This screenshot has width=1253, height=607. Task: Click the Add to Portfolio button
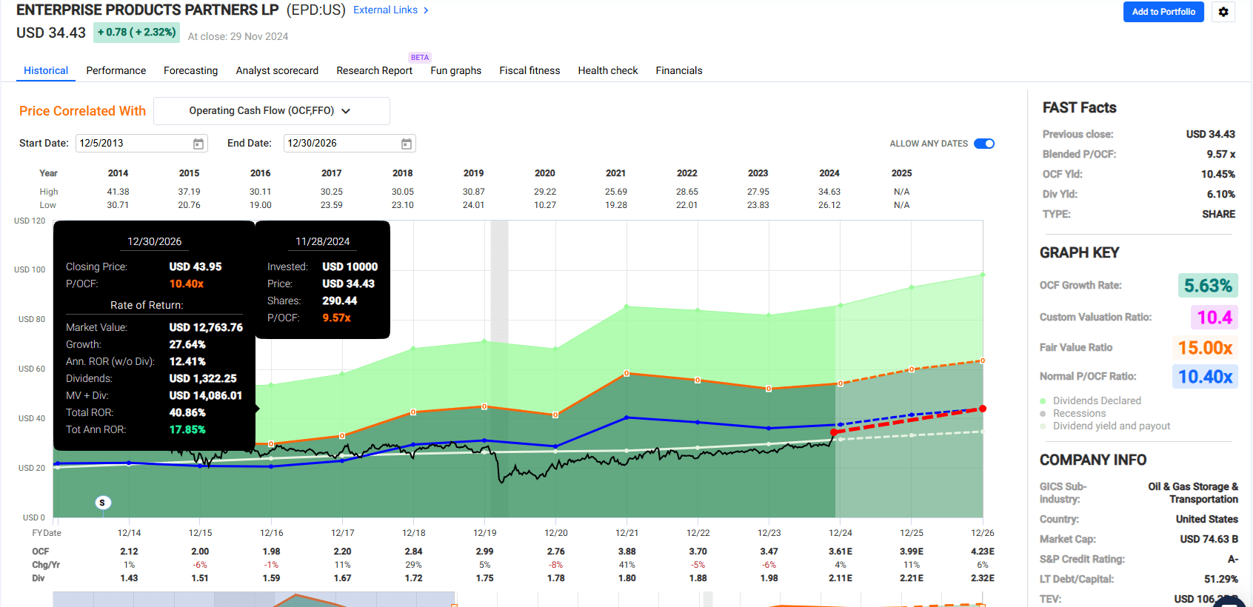[1163, 12]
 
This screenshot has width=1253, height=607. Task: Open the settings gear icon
[1223, 12]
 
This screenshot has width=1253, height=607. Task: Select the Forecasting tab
[190, 70]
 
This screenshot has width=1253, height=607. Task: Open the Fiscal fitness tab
[529, 70]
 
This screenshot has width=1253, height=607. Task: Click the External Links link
[390, 10]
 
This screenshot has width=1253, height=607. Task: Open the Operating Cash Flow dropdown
[271, 111]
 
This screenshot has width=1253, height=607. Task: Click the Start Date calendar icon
[198, 144]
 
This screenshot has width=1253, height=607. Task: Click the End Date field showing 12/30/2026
[341, 144]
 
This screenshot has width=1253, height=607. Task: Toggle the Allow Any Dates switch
[983, 144]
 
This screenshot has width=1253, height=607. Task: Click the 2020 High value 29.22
[544, 192]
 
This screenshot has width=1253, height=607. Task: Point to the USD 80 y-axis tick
[31, 319]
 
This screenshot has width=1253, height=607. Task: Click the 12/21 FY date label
[626, 533]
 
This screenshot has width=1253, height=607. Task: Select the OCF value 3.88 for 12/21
[626, 551]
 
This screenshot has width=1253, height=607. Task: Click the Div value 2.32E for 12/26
[982, 578]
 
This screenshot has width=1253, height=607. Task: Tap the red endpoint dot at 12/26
[983, 409]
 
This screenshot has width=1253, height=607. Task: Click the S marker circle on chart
[103, 503]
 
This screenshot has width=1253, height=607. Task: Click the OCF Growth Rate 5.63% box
[1207, 286]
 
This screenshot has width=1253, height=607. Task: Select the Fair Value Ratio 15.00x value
[1205, 348]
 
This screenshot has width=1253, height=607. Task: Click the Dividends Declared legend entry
[1096, 400]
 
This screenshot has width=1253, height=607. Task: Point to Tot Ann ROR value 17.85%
[187, 429]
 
